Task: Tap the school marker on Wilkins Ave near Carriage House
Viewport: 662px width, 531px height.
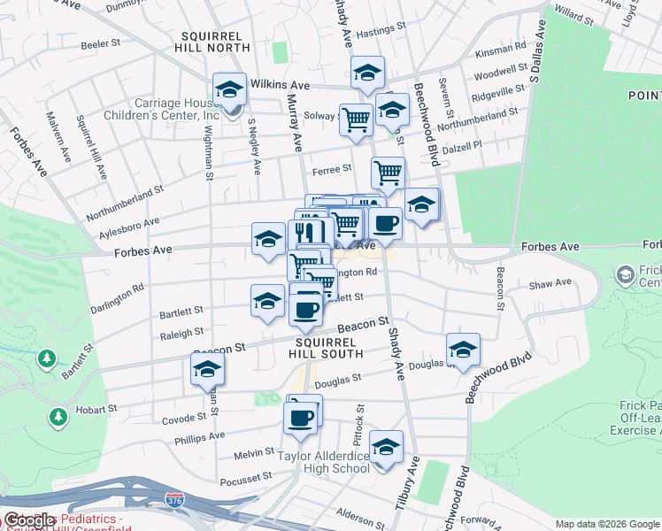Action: click(x=229, y=89)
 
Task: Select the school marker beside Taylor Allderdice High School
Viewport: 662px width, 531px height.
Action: click(x=386, y=449)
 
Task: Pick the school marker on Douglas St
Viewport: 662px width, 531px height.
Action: click(x=463, y=350)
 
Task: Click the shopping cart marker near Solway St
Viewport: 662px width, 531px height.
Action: click(x=356, y=119)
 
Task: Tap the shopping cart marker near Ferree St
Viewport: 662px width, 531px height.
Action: click(x=388, y=174)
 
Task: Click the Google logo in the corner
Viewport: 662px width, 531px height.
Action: click(x=29, y=521)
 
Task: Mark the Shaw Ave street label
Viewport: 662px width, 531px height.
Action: click(x=550, y=283)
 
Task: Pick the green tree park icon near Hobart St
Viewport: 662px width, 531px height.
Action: click(x=58, y=415)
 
